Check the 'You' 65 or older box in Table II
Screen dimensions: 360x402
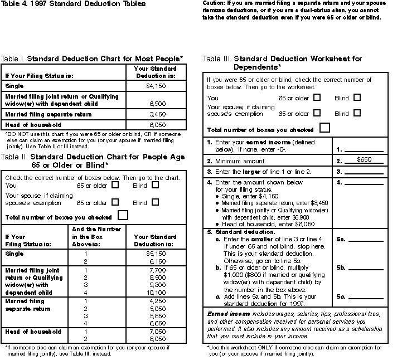(115, 185)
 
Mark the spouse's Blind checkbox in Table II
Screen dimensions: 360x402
(155, 202)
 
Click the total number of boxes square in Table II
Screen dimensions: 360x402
(123, 215)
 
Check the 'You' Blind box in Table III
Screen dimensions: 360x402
(357, 98)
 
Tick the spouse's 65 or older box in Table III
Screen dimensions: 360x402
(317, 113)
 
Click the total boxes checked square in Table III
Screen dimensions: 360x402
(324, 128)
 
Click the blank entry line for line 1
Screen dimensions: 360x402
(364, 150)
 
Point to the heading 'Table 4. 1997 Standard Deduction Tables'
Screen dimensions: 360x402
(72, 4)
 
